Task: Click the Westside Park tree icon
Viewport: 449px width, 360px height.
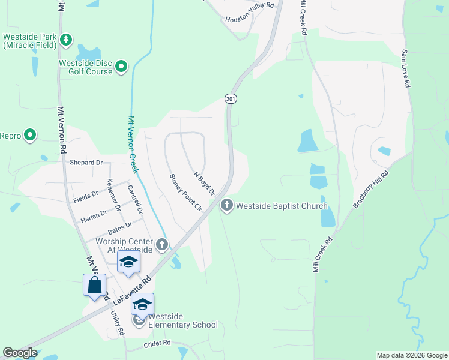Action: (x=66, y=40)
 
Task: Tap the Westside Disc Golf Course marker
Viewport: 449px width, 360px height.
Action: (x=122, y=66)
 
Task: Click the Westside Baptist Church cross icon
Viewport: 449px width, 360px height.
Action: (x=227, y=206)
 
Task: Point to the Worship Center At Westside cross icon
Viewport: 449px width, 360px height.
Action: (x=161, y=245)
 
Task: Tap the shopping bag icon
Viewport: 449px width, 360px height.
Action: (x=95, y=285)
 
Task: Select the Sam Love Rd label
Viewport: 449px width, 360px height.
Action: (x=406, y=69)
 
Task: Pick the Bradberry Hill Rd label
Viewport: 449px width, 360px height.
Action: (x=371, y=189)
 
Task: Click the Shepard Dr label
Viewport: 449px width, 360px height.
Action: (x=86, y=163)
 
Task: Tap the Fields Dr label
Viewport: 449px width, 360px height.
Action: (x=86, y=195)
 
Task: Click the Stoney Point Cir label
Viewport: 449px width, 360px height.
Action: (x=185, y=192)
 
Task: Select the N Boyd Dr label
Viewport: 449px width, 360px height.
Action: (x=204, y=183)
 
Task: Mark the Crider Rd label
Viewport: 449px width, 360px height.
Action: (x=158, y=344)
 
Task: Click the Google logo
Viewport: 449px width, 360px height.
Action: (x=20, y=352)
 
